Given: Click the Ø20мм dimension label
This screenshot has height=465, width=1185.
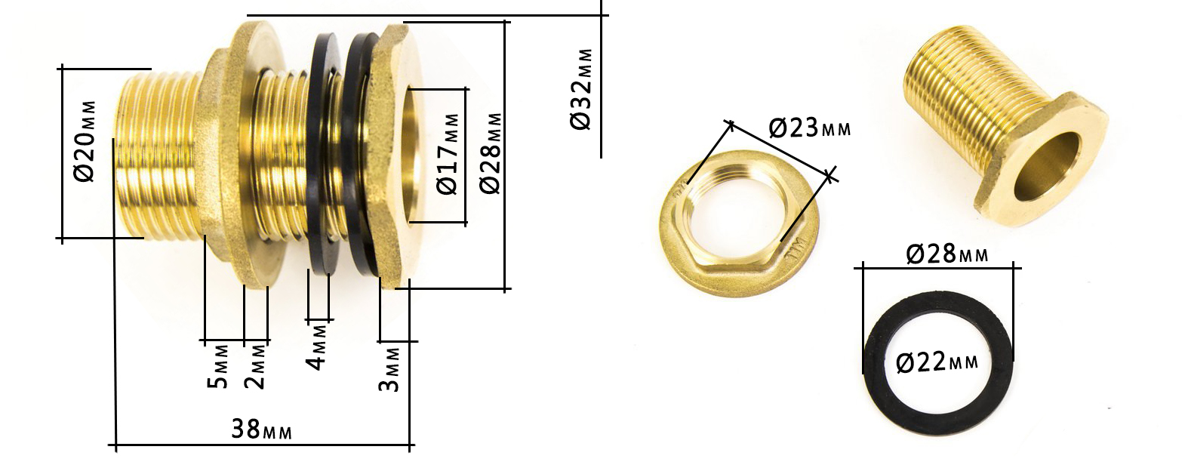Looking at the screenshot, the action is (x=86, y=141).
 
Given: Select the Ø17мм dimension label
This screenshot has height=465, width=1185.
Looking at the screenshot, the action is (x=448, y=153).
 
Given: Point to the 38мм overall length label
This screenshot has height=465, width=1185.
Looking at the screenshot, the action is (x=261, y=429).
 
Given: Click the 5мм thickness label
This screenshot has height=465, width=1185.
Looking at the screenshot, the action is (x=218, y=366).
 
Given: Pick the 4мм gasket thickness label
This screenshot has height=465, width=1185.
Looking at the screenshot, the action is (x=317, y=347).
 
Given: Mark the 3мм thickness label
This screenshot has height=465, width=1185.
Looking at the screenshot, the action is (x=390, y=369).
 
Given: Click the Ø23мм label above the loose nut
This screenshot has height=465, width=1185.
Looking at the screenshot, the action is (x=810, y=128).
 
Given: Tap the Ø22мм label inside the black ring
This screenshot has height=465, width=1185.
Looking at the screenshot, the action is (x=937, y=363).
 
